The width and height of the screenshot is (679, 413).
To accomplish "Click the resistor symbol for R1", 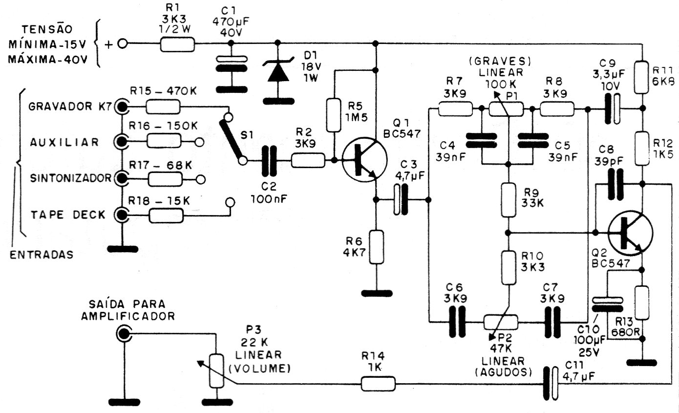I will (x=177, y=44).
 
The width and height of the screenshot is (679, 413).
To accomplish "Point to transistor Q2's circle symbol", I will (x=631, y=232).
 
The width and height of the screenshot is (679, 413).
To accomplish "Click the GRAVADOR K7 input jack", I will (x=121, y=107).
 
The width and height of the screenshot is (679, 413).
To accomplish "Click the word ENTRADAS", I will (x=42, y=254).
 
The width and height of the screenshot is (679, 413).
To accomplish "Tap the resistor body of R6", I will (x=377, y=247).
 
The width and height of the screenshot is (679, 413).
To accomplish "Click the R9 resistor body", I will (x=509, y=199).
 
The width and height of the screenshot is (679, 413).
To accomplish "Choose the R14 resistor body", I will (x=378, y=384).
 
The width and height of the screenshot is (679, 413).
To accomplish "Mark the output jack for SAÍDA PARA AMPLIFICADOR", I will (x=124, y=334).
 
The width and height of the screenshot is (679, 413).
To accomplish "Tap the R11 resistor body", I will (x=642, y=77).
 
